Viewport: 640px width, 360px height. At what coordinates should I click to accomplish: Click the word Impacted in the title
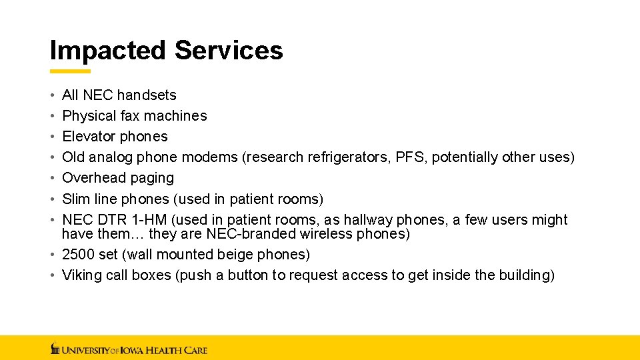[x=107, y=51]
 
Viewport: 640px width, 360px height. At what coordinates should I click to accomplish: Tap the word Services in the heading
[x=229, y=51]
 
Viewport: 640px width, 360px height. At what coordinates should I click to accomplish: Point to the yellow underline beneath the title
[x=70, y=71]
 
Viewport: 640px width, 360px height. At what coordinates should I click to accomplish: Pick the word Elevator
[x=89, y=137]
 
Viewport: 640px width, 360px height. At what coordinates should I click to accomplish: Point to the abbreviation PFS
[x=410, y=157]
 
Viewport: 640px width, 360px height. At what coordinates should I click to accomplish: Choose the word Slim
[x=76, y=199]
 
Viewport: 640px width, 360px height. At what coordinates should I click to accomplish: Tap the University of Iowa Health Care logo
[x=129, y=348]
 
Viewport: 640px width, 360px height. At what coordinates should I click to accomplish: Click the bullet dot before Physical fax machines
[x=52, y=116]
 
